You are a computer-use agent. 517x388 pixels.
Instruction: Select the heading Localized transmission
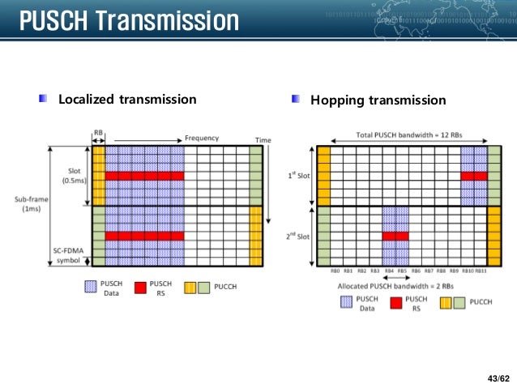[x=127, y=100]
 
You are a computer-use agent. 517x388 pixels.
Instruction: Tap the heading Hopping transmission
[x=378, y=100]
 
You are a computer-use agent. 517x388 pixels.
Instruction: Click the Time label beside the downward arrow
[x=263, y=141]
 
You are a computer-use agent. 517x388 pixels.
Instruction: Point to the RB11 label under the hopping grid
[x=481, y=271]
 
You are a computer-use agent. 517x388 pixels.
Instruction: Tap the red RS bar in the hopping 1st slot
[x=474, y=176]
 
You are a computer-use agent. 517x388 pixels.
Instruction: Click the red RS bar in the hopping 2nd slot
[x=395, y=237]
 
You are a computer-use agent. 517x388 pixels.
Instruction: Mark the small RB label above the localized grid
[x=98, y=133]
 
